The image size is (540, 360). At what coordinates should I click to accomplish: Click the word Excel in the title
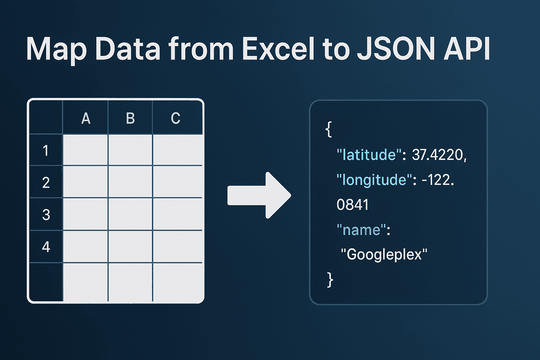pyautogui.click(x=278, y=49)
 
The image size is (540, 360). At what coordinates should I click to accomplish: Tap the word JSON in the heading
pyautogui.click(x=395, y=49)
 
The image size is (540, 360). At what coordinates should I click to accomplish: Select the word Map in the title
pyautogui.click(x=56, y=51)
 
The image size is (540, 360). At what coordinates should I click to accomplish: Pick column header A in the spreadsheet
pyautogui.click(x=86, y=118)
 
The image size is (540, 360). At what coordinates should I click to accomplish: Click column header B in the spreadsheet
pyautogui.click(x=130, y=118)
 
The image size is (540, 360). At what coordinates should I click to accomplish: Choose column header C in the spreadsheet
pyautogui.click(x=175, y=118)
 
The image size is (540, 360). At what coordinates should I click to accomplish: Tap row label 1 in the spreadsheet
pyautogui.click(x=46, y=150)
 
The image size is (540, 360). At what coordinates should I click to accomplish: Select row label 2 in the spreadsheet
pyautogui.click(x=46, y=182)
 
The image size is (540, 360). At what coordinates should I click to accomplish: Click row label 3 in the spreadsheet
pyautogui.click(x=46, y=214)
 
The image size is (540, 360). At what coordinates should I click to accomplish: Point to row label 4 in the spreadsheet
pyautogui.click(x=46, y=247)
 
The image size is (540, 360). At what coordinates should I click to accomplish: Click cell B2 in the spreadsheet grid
pyautogui.click(x=130, y=181)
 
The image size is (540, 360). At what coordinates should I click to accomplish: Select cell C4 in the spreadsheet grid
pyautogui.click(x=178, y=246)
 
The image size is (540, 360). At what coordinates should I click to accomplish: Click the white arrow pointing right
pyautogui.click(x=259, y=195)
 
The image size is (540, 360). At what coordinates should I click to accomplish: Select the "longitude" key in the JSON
pyautogui.click(x=374, y=180)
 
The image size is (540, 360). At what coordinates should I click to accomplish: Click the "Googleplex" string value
pyautogui.click(x=384, y=255)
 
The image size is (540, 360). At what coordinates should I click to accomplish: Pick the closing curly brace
pyautogui.click(x=330, y=280)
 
